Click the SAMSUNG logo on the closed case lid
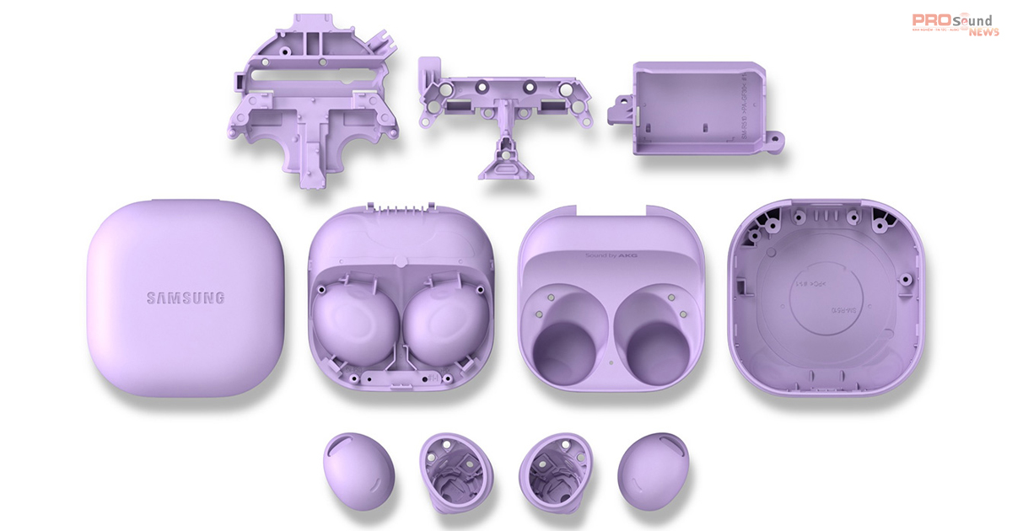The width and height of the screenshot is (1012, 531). [186, 298]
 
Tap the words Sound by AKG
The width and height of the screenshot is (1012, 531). [610, 254]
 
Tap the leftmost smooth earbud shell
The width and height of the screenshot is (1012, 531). [353, 469]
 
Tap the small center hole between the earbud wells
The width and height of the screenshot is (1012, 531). [610, 365]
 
